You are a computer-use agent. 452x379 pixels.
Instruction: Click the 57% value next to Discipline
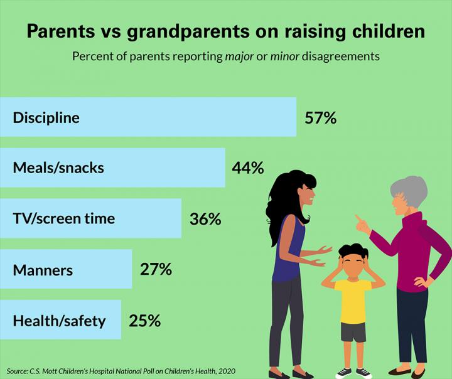tap(321, 117)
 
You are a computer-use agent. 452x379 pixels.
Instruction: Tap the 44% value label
tap(248, 168)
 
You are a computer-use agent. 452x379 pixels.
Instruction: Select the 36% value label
tap(205, 219)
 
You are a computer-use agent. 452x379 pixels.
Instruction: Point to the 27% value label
tap(156, 270)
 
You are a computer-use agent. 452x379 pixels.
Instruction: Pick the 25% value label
tap(145, 321)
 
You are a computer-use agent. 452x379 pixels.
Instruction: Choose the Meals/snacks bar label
tap(58, 168)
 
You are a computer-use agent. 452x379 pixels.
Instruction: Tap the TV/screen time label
tap(63, 219)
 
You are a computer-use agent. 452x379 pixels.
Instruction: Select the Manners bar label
tap(43, 270)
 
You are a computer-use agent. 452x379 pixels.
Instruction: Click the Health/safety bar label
tap(59, 321)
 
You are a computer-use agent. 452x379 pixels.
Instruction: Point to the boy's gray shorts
tap(353, 332)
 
